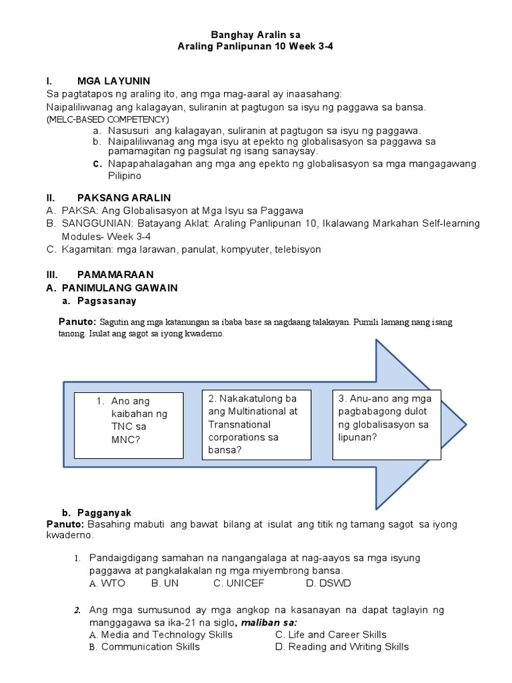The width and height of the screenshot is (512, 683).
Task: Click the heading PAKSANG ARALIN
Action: coord(124,198)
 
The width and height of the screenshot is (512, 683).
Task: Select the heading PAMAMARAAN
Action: coord(115,274)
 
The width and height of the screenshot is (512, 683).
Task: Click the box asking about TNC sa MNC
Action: coord(129,426)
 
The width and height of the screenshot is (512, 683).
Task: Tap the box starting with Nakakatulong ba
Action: coord(257,424)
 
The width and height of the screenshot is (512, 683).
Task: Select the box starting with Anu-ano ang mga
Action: coord(386,424)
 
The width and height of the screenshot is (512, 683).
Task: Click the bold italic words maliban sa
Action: coord(269,622)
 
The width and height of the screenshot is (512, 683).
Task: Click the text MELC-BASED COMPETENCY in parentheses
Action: coord(107,119)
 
